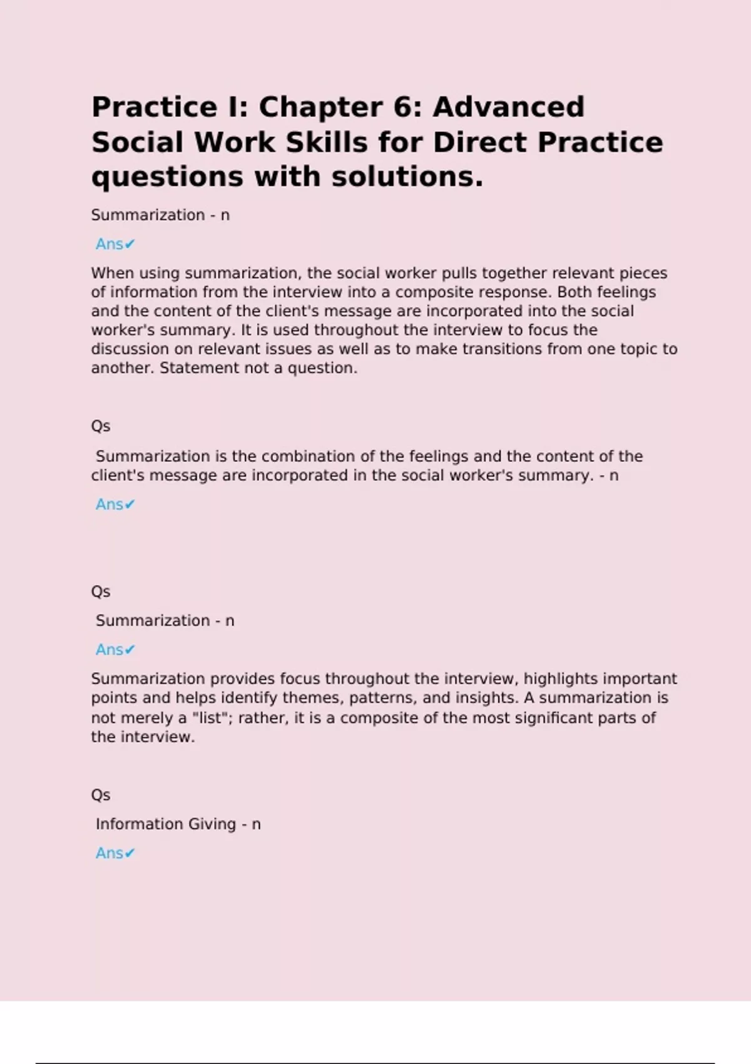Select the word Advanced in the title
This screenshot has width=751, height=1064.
point(508,108)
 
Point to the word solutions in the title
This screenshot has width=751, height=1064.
point(407,177)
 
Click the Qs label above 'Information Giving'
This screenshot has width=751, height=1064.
point(101,795)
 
